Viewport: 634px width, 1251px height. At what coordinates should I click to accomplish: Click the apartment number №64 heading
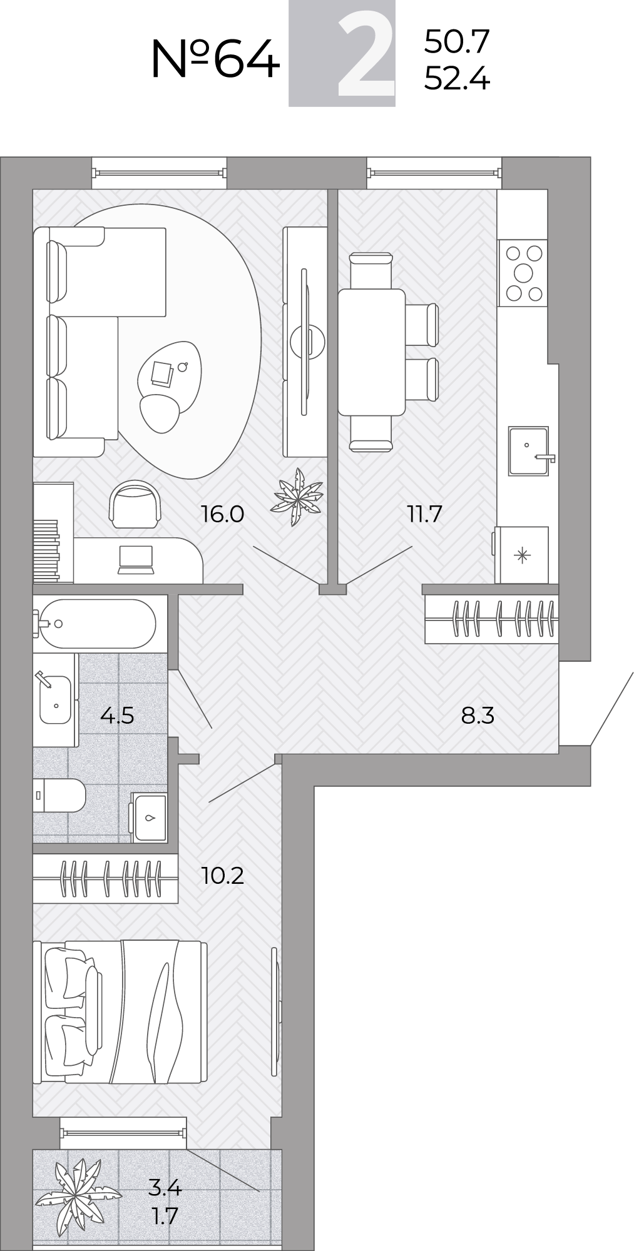[x=215, y=59]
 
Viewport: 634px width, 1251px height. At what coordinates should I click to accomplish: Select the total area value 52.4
[x=457, y=79]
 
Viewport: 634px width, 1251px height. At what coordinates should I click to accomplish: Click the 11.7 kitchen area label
[x=424, y=514]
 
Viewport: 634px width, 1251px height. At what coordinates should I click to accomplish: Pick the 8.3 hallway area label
[x=478, y=715]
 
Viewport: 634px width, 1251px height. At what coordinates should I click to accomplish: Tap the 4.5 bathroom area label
[x=117, y=714]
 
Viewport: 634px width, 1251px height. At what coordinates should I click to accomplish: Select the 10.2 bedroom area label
[x=223, y=875]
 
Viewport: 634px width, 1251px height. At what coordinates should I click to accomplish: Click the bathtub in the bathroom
[x=94, y=624]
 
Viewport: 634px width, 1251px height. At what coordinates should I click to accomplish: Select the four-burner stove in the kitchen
[x=523, y=273]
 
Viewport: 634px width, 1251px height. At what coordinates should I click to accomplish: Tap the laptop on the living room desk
[x=135, y=559]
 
